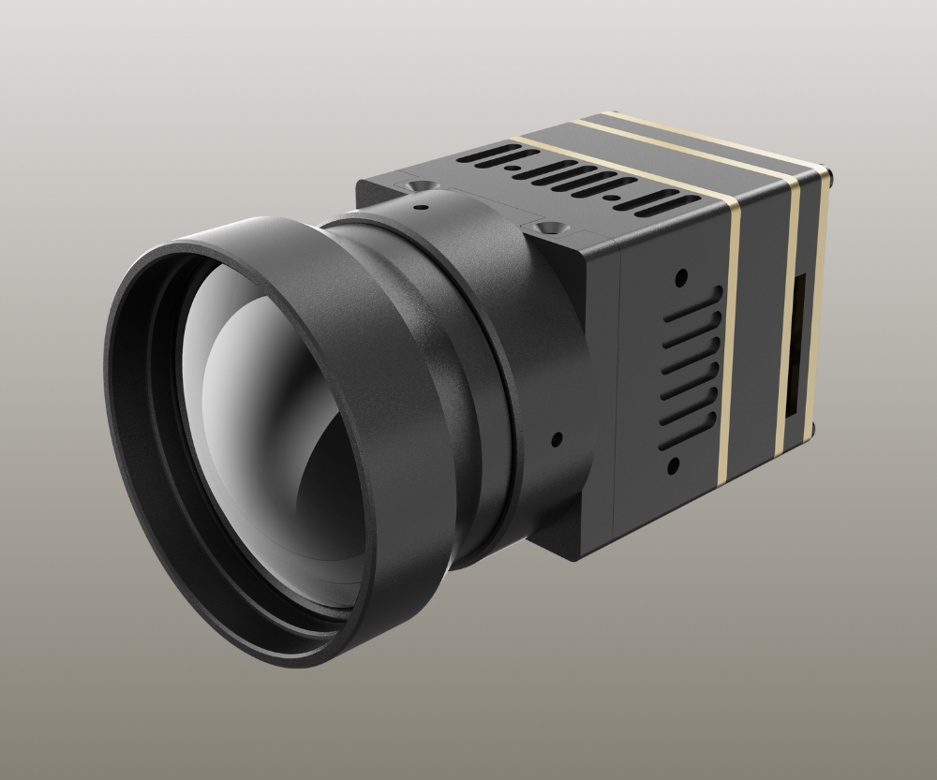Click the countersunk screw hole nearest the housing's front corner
tap(546, 227)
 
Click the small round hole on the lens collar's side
tap(557, 438)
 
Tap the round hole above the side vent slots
tap(681, 276)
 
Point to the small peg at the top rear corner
tap(830, 172)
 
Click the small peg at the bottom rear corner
tap(812, 428)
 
